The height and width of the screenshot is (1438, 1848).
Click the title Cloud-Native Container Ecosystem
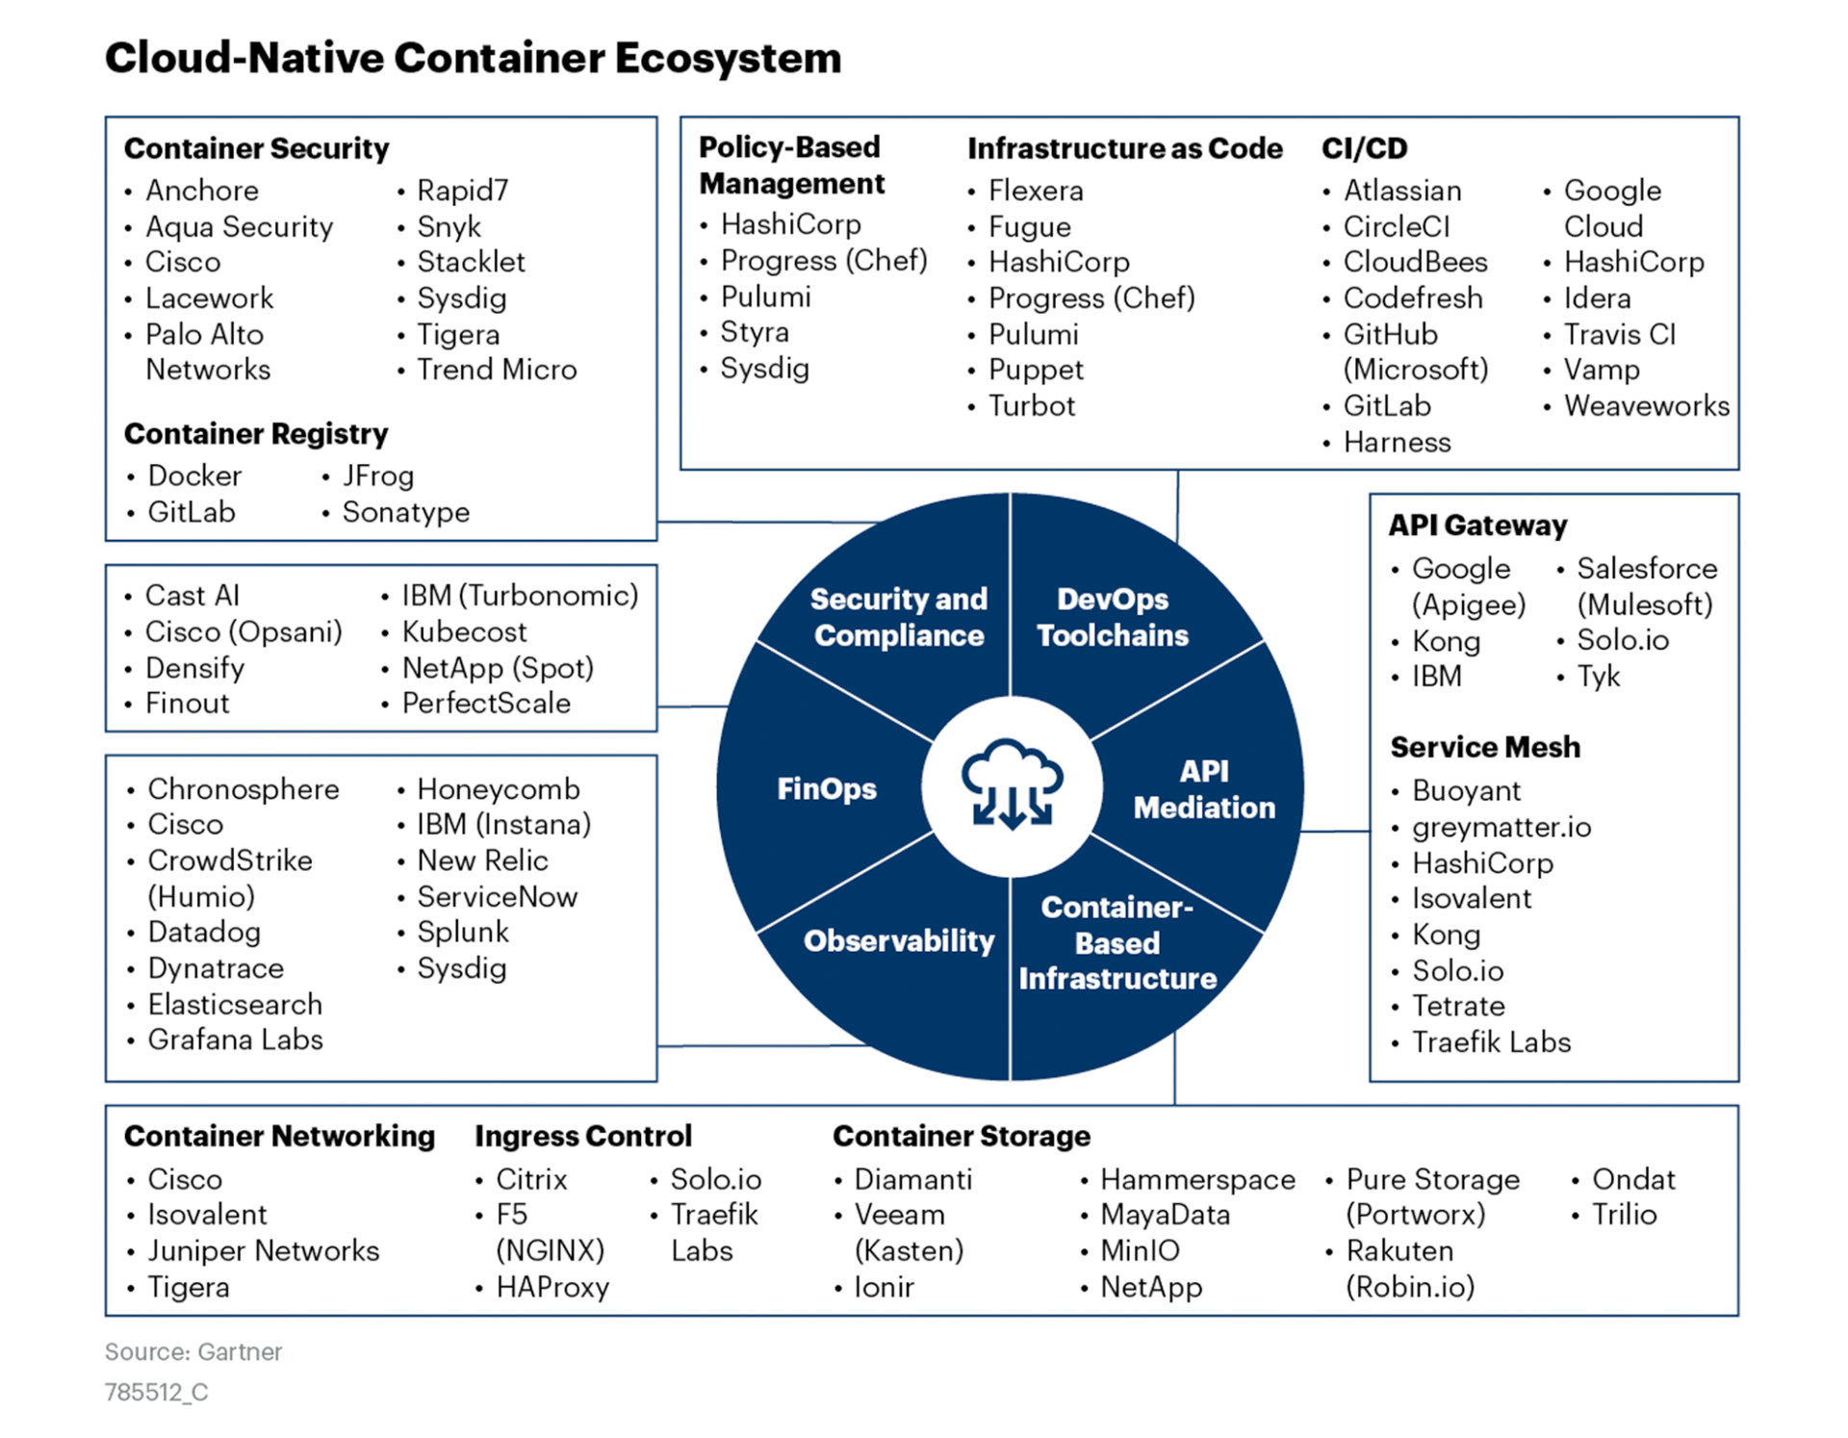pos(473,58)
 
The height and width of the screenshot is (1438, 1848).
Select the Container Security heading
pos(256,148)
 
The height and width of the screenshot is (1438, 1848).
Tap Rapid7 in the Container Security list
pos(462,191)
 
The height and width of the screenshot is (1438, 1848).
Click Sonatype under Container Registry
pos(405,512)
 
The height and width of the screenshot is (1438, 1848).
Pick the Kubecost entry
pos(464,632)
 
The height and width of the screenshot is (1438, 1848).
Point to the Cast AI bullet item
pos(192,596)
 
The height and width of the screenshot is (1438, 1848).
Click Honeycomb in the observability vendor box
pos(498,789)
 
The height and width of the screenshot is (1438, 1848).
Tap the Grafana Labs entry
pos(235,1040)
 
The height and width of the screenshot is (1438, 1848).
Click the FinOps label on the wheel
pos(827,789)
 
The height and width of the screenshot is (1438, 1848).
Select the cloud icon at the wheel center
pos(1012,784)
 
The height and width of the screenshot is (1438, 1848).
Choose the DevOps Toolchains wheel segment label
pos(1113,617)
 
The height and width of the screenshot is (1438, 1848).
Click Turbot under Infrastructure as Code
pos(1031,406)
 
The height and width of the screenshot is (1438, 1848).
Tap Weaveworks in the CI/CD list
pos(1646,406)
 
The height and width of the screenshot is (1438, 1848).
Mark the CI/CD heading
pos(1364,148)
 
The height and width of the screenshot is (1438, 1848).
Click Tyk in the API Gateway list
pos(1598,677)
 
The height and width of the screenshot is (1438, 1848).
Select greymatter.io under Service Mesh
pos(1501,827)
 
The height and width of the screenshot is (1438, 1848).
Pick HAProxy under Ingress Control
pos(552,1287)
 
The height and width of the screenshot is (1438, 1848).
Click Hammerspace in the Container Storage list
pos(1197,1179)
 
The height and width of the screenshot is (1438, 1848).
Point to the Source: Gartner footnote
pos(193,1352)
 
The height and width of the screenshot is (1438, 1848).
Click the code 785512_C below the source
pos(157,1393)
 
